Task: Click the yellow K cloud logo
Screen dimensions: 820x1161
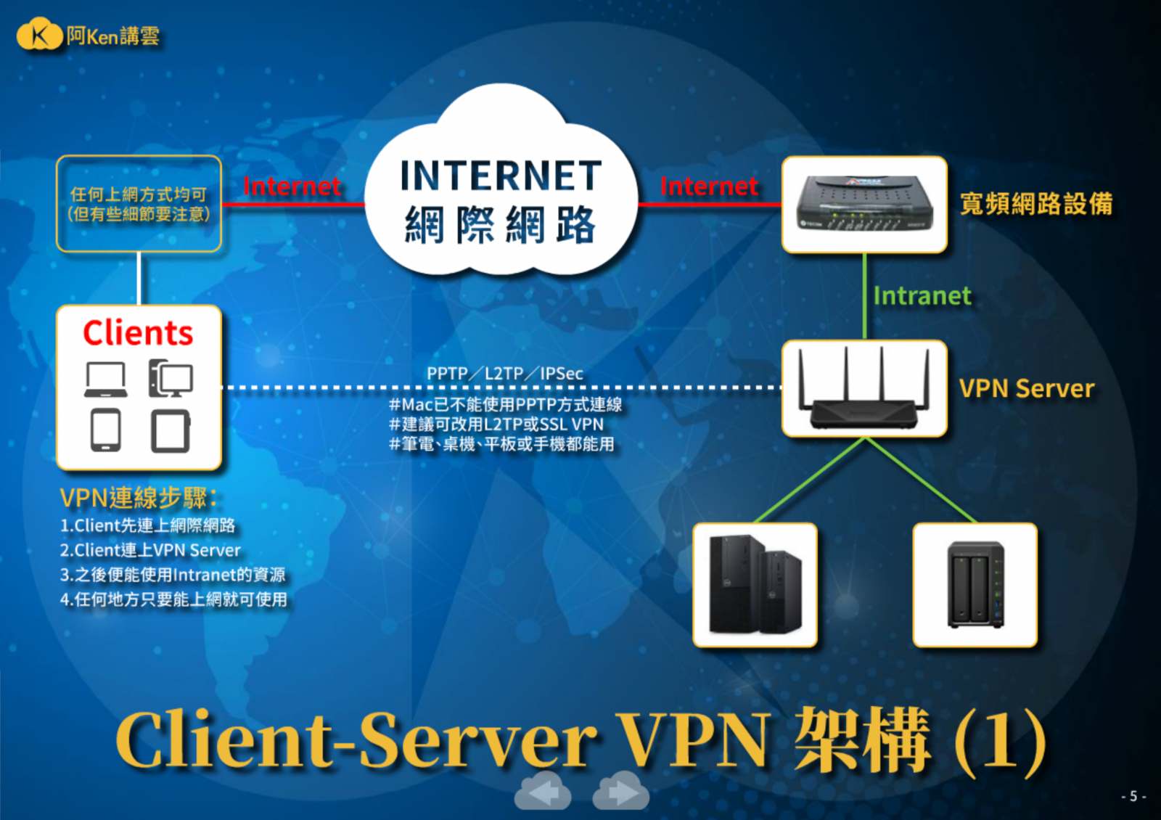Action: pos(39,35)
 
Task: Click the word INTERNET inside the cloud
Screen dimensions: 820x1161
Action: pos(501,176)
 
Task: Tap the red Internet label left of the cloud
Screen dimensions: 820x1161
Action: pos(292,186)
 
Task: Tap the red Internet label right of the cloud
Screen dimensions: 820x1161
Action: pos(709,186)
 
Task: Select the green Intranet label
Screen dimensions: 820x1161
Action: pos(922,296)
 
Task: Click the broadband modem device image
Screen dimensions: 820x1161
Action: pos(863,205)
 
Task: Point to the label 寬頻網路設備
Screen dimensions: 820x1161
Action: pos(1035,204)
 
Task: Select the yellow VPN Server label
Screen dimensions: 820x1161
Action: pos(1026,389)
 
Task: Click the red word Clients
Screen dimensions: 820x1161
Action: pos(138,333)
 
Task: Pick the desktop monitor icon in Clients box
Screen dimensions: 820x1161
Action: pos(171,379)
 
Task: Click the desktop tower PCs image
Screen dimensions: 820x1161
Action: pos(755,584)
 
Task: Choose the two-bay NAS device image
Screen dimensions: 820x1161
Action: pos(975,584)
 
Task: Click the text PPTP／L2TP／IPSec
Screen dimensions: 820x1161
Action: pos(504,374)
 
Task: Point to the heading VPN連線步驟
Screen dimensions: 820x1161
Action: pos(138,498)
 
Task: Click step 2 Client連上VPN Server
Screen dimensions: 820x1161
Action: pos(150,550)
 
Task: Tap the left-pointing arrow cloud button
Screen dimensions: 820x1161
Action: pos(543,792)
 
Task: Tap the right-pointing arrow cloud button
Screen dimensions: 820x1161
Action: pos(620,792)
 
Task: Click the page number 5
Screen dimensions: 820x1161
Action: pos(1133,796)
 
